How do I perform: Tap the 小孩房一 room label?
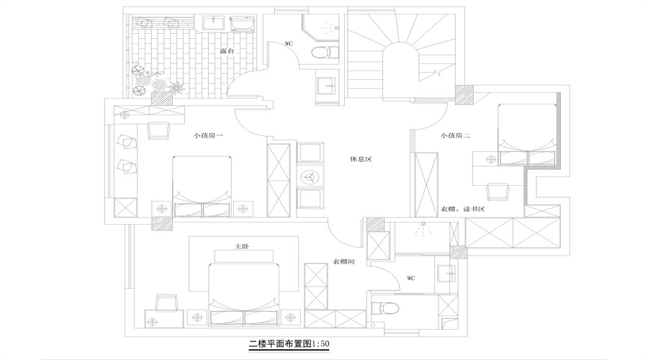click(x=208, y=135)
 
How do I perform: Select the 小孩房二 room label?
click(x=456, y=135)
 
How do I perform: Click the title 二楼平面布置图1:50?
click(x=289, y=343)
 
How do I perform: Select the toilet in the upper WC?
click(x=320, y=51)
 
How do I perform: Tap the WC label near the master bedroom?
click(x=410, y=277)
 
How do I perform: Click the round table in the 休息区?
click(x=310, y=176)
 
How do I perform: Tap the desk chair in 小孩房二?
click(x=497, y=192)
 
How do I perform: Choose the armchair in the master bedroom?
click(x=166, y=303)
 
